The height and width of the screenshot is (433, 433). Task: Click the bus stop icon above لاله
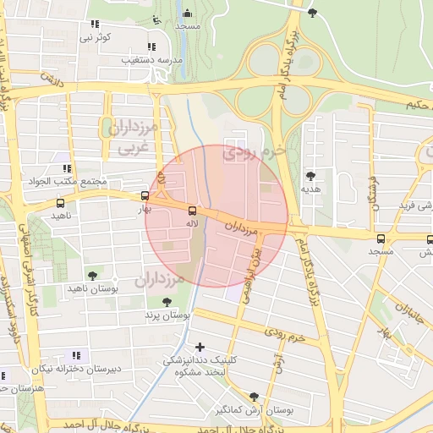click(x=192, y=210)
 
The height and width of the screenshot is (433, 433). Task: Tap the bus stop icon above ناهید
click(x=59, y=203)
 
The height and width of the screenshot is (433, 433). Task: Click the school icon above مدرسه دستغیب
click(x=151, y=47)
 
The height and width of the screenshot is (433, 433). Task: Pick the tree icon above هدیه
click(x=311, y=175)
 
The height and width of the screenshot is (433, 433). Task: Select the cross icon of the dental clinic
click(x=200, y=346)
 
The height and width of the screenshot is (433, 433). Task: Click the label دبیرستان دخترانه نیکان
click(x=72, y=370)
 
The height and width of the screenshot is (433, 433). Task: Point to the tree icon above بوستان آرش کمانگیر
click(x=254, y=397)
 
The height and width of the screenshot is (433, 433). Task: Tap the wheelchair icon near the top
click(x=154, y=19)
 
